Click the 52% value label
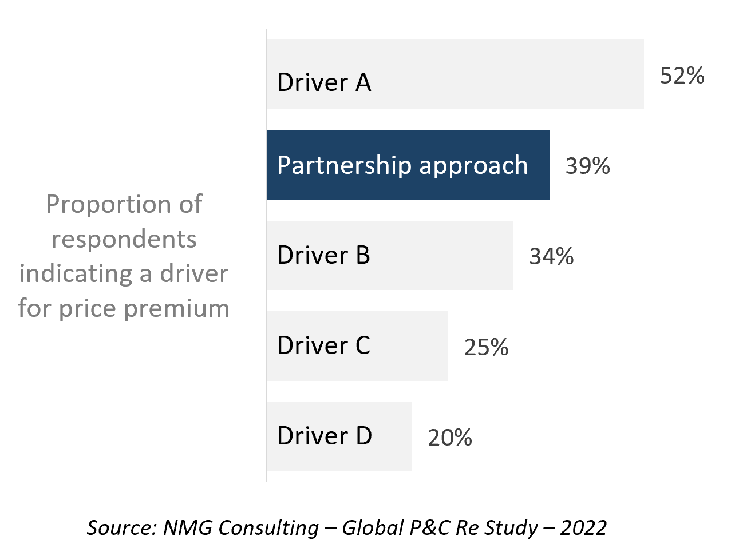[682, 76]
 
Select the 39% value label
[588, 166]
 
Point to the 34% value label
[551, 256]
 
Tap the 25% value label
[486, 347]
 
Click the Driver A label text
[324, 82]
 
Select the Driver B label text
[323, 255]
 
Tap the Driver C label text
[323, 345]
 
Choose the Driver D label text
[325, 435]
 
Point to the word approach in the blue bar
[473, 168]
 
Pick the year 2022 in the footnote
[583, 527]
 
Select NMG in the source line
[187, 527]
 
